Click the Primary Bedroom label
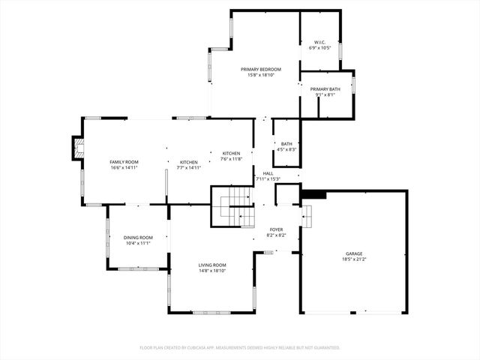[x=260, y=69]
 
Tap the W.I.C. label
[x=319, y=42]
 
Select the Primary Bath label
[x=325, y=89]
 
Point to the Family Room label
[x=124, y=162]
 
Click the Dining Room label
[x=138, y=238]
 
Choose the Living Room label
[x=212, y=265]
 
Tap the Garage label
[x=354, y=253]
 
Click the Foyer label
[x=276, y=229]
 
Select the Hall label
[x=268, y=173]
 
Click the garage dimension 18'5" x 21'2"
[x=354, y=259]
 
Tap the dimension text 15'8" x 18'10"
[x=260, y=75]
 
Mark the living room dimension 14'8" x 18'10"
[x=212, y=271]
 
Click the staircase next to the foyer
[x=234, y=207]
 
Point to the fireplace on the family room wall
[x=76, y=148]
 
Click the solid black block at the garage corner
[x=313, y=194]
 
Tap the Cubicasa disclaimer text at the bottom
[x=240, y=347]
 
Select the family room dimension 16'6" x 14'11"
[x=124, y=168]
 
